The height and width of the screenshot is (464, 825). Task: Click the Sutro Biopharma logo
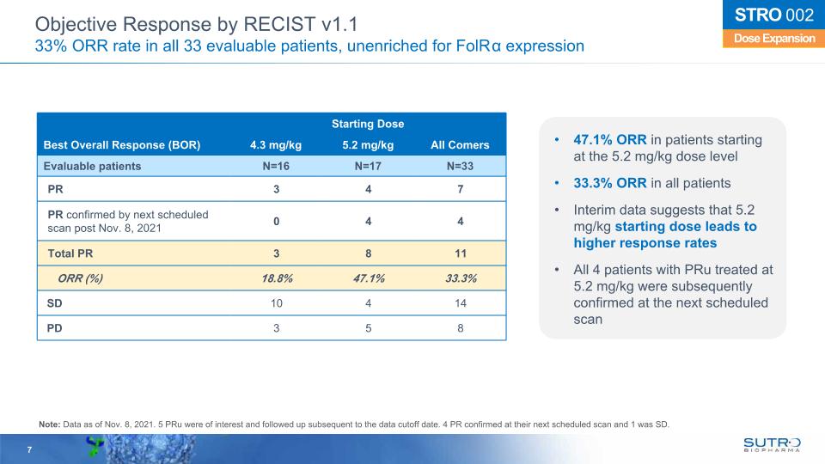[x=772, y=444]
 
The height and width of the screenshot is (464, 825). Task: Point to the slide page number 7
[x=29, y=450]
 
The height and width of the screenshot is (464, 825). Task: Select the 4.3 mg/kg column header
[x=275, y=144]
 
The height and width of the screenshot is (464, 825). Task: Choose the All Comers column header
[x=460, y=144]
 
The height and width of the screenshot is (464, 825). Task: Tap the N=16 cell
[x=275, y=166]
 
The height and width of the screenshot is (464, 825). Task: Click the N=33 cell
[x=460, y=166]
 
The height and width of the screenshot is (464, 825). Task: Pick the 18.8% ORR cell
[x=275, y=278]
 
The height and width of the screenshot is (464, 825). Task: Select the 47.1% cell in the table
[x=368, y=278]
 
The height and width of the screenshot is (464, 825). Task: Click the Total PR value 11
[x=460, y=252]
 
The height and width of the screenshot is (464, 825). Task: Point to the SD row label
[x=54, y=303]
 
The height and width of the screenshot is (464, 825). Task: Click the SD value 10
[x=275, y=303]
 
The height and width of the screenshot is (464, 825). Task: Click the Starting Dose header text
[x=368, y=125]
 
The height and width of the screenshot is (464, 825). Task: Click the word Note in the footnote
[x=50, y=424]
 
